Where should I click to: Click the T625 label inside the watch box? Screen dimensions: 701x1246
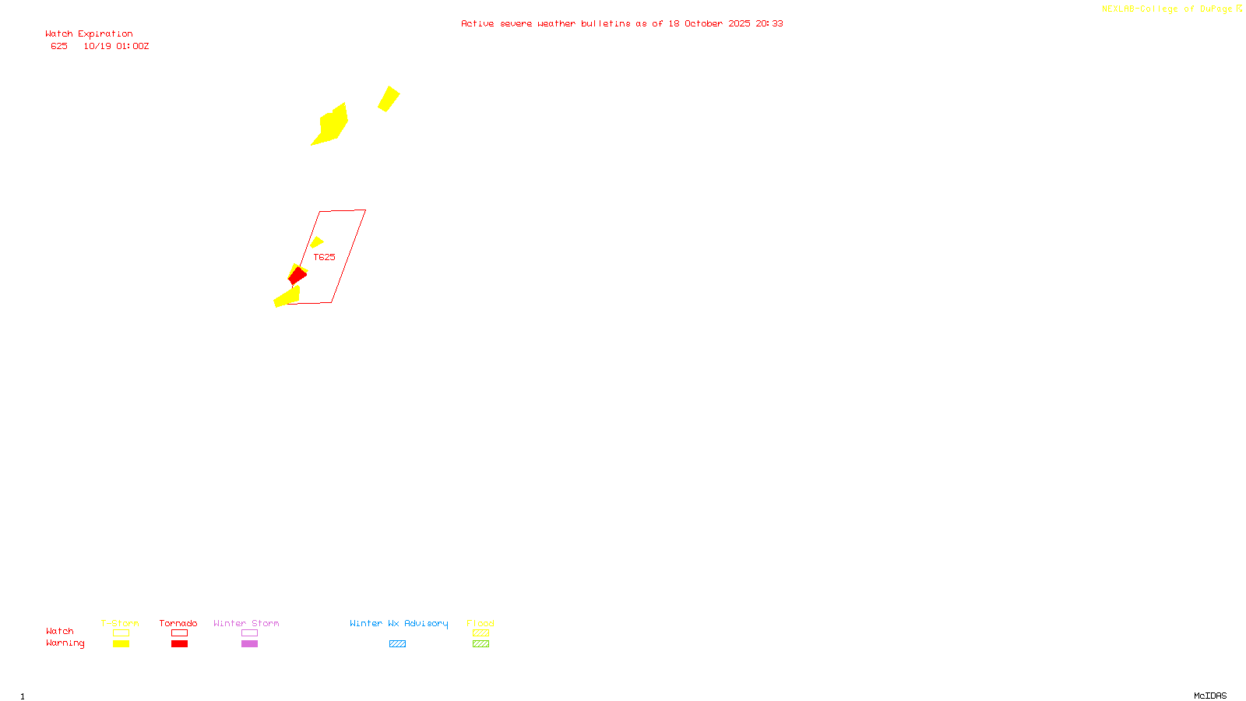[x=324, y=257]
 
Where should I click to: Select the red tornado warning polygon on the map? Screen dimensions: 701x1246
[x=297, y=276]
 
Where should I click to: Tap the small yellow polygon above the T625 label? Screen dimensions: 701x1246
[x=316, y=242]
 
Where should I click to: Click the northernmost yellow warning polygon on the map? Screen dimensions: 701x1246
[x=389, y=99]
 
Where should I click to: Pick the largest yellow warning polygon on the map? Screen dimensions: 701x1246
[x=332, y=125]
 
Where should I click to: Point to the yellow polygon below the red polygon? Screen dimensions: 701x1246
[x=287, y=297]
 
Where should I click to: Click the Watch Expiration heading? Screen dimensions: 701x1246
[x=89, y=34]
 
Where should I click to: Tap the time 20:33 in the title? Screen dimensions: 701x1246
[x=769, y=24]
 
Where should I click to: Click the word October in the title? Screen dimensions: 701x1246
[x=703, y=24]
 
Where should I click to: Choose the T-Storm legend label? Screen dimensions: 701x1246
[x=120, y=623]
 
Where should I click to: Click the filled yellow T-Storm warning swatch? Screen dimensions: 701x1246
[x=121, y=644]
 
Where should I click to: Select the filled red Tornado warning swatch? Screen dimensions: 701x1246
[x=179, y=644]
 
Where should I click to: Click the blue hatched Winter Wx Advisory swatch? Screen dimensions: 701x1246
[x=397, y=644]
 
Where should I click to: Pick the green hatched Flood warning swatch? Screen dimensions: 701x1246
[x=480, y=644]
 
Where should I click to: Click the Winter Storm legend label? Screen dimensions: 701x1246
[x=246, y=623]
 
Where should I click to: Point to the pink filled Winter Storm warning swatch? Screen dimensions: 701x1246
[x=249, y=644]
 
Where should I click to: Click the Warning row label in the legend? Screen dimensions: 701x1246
[x=65, y=643]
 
